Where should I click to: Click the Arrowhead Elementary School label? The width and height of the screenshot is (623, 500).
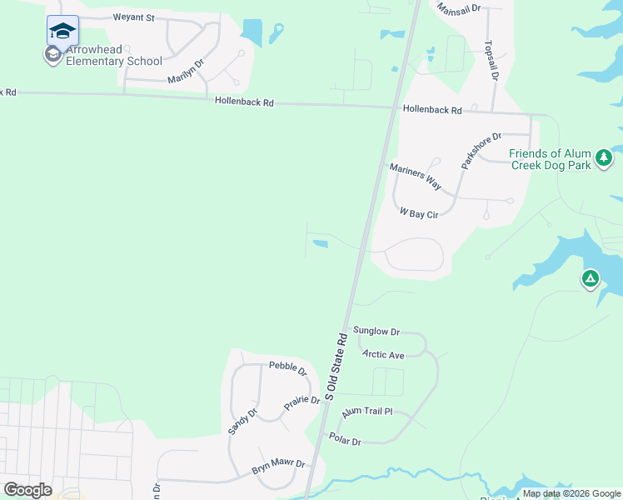[113, 55]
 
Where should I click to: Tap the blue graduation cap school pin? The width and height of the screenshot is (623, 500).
[62, 31]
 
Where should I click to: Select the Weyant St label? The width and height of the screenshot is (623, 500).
[134, 17]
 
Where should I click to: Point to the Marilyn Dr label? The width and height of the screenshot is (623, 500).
[186, 70]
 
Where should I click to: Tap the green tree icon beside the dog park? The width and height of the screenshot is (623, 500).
[605, 156]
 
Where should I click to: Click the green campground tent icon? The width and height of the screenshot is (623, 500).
[591, 278]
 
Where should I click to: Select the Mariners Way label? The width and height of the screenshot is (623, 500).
[416, 177]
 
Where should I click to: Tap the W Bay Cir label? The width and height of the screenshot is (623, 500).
[419, 213]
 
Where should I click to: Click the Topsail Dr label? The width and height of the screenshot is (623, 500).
[493, 60]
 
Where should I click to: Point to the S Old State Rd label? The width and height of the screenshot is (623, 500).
[336, 367]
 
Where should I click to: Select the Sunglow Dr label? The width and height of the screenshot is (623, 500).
[376, 331]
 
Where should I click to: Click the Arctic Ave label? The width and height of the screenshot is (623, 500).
[383, 355]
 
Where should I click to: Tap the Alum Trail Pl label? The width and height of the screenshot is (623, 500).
[366, 412]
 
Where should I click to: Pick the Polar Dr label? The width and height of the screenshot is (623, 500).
[345, 440]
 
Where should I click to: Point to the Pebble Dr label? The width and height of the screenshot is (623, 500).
[288, 367]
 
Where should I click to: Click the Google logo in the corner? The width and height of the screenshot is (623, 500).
[27, 490]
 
